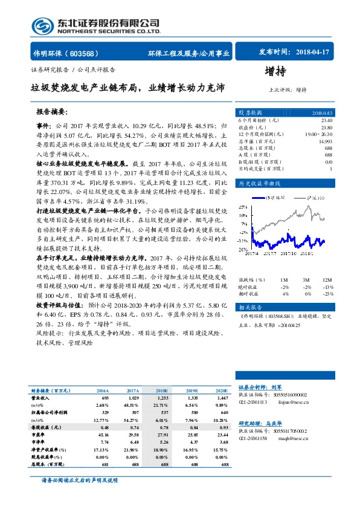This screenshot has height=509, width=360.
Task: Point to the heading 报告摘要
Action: point(51,112)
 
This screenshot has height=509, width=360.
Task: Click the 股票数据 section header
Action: point(250,112)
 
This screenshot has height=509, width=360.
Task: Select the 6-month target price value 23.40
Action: point(325,121)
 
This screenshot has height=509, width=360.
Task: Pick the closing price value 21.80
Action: point(326,128)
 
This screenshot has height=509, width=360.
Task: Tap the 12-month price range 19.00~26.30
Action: point(319,134)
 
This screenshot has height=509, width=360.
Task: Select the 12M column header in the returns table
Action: point(327,280)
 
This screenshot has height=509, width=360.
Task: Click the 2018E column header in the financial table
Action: point(162,392)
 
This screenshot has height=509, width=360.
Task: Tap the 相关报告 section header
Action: point(250,307)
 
